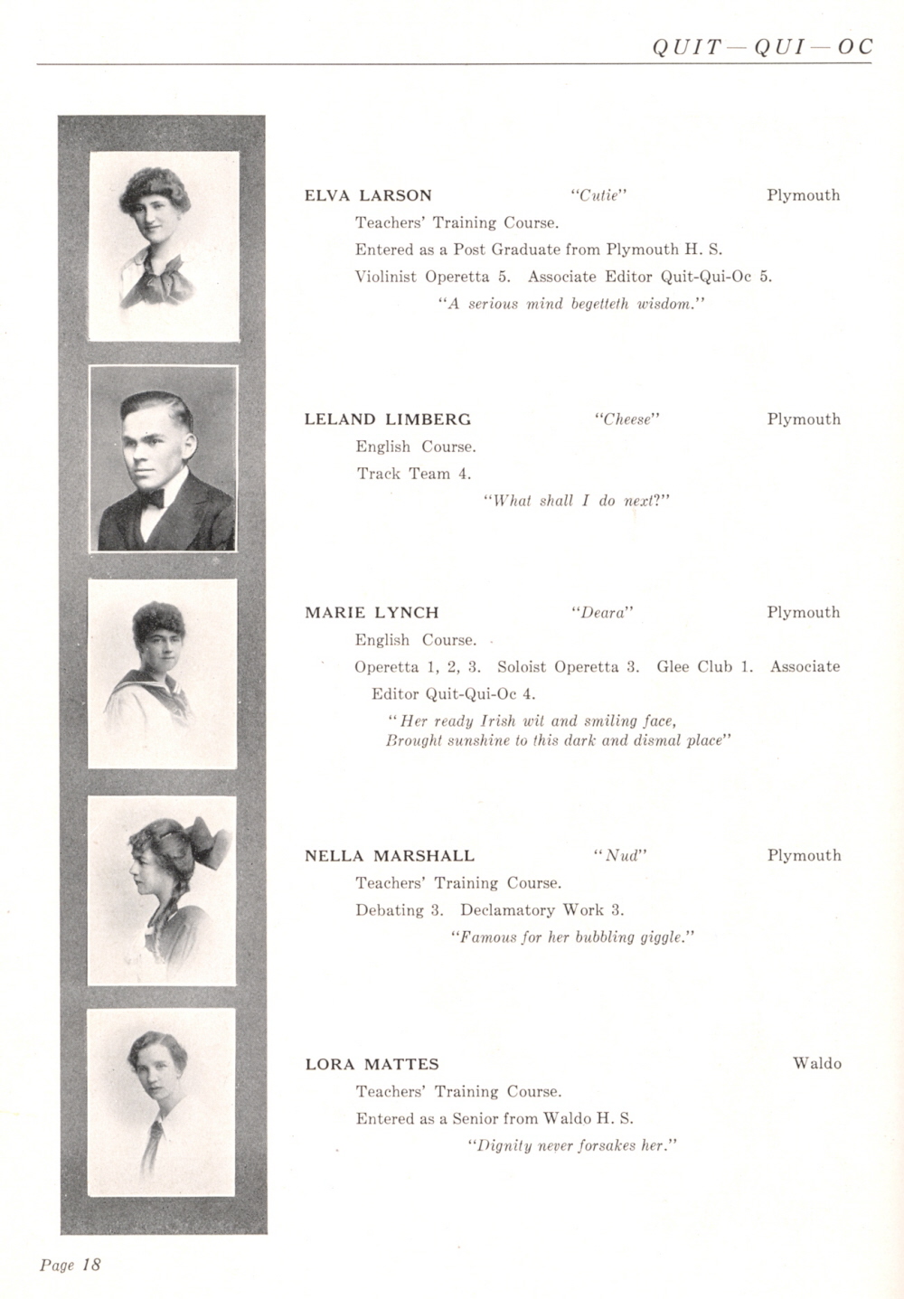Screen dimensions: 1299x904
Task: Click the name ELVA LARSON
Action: [368, 195]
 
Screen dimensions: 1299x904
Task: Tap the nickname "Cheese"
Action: [627, 419]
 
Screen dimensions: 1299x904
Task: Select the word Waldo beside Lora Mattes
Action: [816, 1064]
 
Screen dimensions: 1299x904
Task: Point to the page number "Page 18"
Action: [71, 1265]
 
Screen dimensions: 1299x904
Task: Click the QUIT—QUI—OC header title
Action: [762, 47]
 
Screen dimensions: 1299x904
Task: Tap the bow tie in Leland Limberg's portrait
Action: [151, 498]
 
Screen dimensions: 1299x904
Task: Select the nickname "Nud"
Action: [621, 856]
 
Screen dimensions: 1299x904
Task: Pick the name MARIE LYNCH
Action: [372, 613]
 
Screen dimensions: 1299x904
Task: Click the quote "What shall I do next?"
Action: [577, 501]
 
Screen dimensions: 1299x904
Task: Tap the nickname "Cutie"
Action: [599, 195]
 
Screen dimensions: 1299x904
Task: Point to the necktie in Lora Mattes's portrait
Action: [152, 1141]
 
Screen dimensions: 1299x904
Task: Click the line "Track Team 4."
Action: [413, 474]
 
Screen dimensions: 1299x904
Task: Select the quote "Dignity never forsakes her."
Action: [572, 1146]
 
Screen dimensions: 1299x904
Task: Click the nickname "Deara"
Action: [602, 613]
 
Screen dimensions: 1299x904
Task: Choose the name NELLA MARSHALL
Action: [390, 856]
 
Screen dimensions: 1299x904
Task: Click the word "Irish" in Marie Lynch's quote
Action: [497, 721]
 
